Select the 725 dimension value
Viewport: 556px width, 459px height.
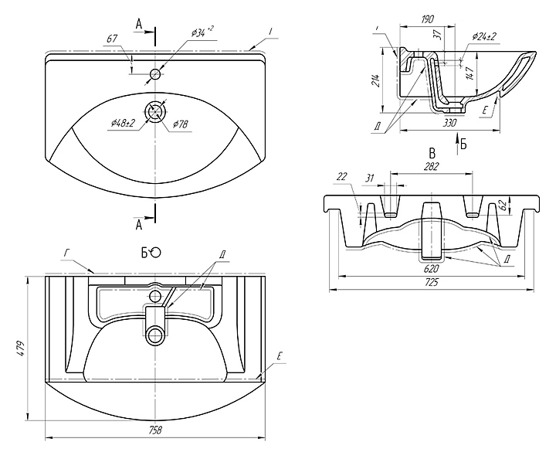pyautogui.click(x=432, y=283)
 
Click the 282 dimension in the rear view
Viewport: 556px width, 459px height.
pyautogui.click(x=432, y=167)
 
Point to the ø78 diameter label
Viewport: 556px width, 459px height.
pyautogui.click(x=181, y=124)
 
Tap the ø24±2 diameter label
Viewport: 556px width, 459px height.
pyautogui.click(x=484, y=36)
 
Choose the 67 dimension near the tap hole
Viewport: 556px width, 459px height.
pyautogui.click(x=112, y=38)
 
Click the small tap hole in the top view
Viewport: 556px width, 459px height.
pyautogui.click(x=155, y=74)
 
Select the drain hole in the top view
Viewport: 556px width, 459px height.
pyautogui.click(x=155, y=110)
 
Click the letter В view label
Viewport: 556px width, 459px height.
pyautogui.click(x=432, y=151)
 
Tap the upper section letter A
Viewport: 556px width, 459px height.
pyautogui.click(x=139, y=25)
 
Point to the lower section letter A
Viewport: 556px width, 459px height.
pyautogui.click(x=139, y=225)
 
